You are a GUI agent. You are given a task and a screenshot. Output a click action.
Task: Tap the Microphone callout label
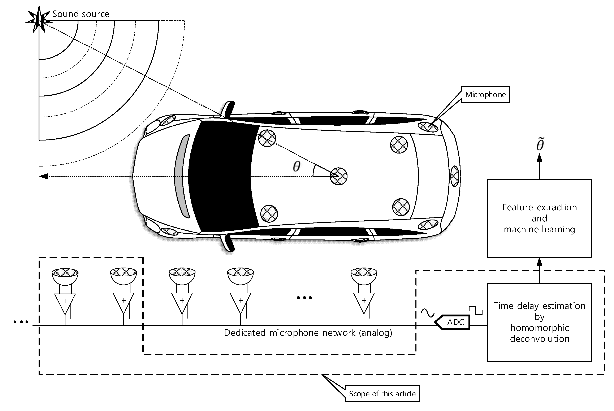coord(485,95)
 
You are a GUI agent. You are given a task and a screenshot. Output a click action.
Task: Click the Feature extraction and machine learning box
coord(539,218)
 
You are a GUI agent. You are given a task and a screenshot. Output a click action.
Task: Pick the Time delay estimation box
coord(539,322)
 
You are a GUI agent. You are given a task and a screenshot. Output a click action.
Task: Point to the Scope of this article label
coord(382,394)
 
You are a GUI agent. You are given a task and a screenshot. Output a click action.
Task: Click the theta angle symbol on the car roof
coord(296,167)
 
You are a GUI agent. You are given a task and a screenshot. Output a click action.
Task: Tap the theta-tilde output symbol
coord(540,144)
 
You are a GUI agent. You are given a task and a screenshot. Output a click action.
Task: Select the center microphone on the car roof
coord(338,176)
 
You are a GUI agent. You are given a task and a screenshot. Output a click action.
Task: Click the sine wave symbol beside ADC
coord(427,313)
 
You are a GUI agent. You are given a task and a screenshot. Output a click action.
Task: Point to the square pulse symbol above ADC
coord(475,310)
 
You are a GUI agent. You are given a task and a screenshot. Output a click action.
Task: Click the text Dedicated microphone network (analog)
coord(308,333)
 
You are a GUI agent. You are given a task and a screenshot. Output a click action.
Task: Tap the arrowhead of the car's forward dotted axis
coord(44,176)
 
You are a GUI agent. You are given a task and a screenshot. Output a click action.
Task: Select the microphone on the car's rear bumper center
coord(455,176)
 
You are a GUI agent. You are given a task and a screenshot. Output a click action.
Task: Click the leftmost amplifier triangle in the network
coord(65,303)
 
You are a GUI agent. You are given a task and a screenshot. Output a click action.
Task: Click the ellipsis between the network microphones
coord(304,298)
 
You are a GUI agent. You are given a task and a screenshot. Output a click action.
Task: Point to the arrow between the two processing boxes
coord(539,270)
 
